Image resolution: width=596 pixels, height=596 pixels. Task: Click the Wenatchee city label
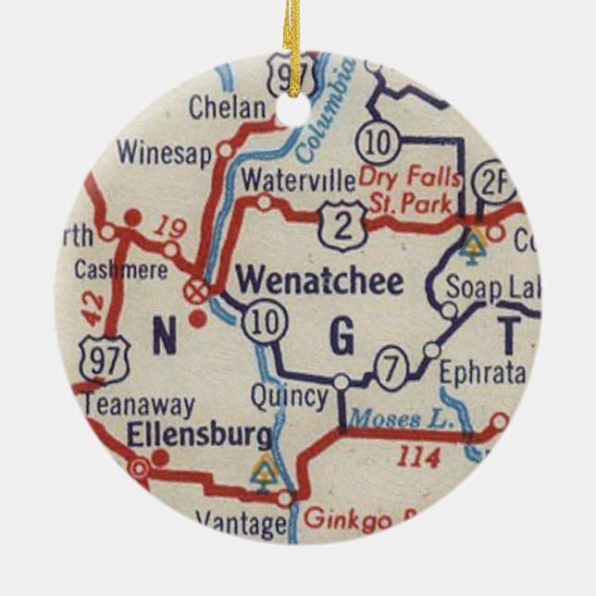320,281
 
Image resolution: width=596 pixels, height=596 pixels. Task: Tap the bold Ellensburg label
201,433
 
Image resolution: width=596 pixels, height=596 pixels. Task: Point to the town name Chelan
226,107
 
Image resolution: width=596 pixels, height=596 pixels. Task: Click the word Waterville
297,179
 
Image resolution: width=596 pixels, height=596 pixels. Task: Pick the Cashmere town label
121,270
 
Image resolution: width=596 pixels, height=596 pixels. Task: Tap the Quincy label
289,397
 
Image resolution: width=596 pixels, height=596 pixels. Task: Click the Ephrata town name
482,374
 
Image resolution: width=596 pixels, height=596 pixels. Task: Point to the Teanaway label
139,405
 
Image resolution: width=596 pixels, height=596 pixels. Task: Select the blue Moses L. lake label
418,418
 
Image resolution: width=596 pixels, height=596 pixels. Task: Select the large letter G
341,339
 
